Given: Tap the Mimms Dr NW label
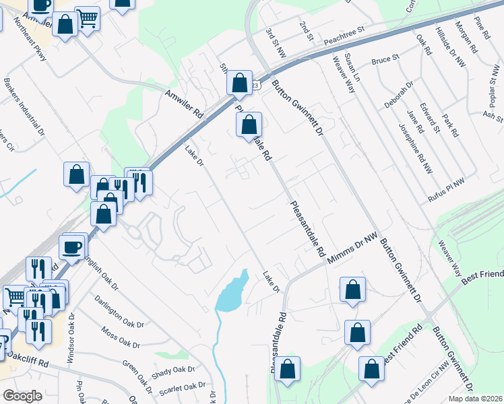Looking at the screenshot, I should pyautogui.click(x=352, y=248).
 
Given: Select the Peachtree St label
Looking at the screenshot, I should pyautogui.click(x=343, y=34).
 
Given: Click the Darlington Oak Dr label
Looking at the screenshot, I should pyautogui.click(x=119, y=311).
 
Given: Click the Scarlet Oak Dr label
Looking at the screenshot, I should pyautogui.click(x=182, y=388).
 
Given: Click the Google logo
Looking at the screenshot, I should pyautogui.click(x=23, y=396).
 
